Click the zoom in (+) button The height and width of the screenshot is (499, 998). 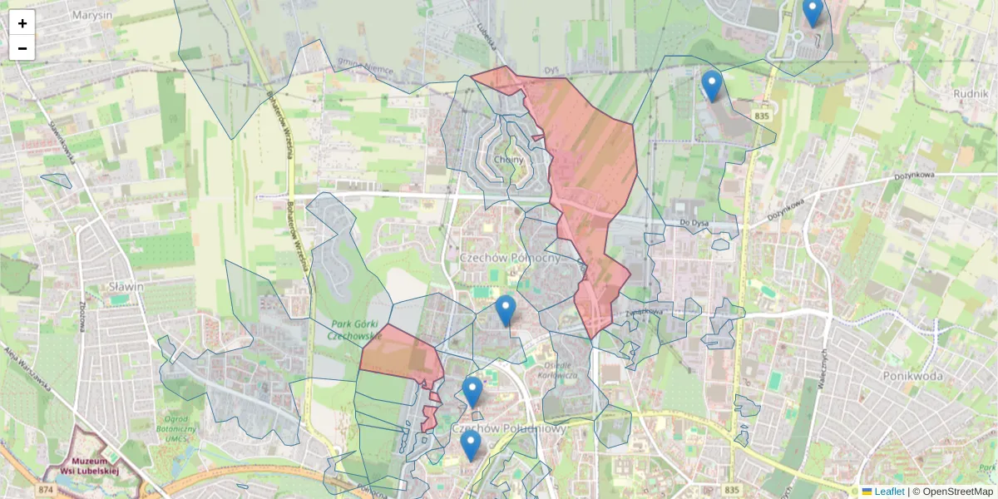(x=22, y=23)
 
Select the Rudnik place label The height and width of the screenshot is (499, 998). (x=971, y=93)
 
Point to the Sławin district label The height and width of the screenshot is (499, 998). (x=126, y=286)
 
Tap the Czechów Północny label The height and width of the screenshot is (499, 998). (x=511, y=258)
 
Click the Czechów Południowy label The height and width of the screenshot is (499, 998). (x=509, y=428)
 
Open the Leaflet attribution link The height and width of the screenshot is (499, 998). (x=888, y=492)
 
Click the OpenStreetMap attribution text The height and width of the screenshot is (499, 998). (x=957, y=492)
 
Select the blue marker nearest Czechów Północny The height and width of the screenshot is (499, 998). (x=505, y=310)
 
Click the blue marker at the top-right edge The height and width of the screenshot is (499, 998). (x=813, y=11)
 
